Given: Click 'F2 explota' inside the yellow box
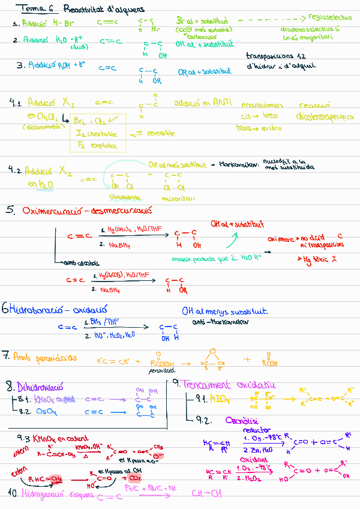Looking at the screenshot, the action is point(95,145).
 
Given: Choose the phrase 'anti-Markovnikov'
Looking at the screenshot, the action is point(213,322).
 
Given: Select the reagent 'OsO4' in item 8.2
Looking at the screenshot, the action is point(46,412).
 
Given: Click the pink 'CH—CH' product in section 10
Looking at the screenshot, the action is point(206,493).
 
